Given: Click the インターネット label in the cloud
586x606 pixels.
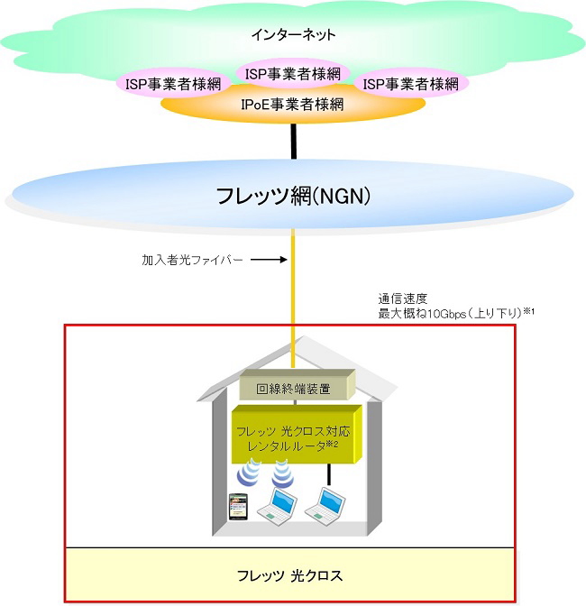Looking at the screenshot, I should pyautogui.click(x=293, y=35).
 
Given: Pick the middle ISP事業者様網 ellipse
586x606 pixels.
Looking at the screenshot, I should pyautogui.click(x=292, y=73).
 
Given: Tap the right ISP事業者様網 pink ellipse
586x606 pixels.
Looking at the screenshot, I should pyautogui.click(x=410, y=85).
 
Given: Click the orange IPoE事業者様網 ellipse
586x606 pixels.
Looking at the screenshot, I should pyautogui.click(x=292, y=106).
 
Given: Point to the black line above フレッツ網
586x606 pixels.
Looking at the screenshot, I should pyautogui.click(x=293, y=140).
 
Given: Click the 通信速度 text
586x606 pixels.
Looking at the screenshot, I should pyautogui.click(x=398, y=297).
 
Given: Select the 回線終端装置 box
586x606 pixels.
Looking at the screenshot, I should pyautogui.click(x=293, y=389).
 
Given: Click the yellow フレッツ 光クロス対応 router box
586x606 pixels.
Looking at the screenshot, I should pyautogui.click(x=293, y=436).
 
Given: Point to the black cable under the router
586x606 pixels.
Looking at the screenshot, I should pyautogui.click(x=330, y=474).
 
